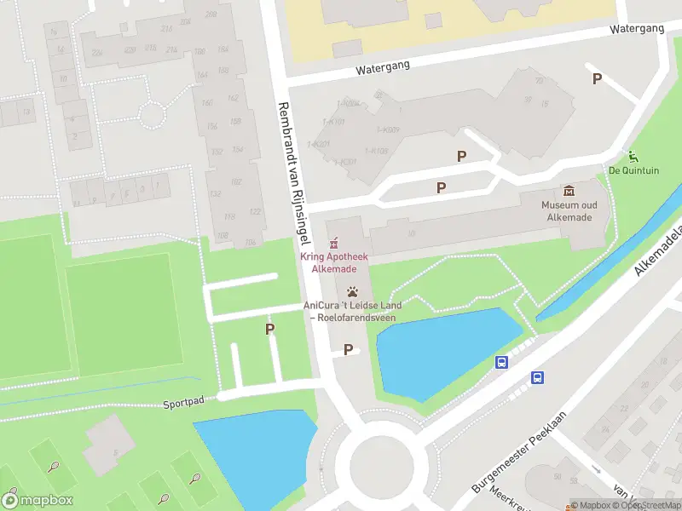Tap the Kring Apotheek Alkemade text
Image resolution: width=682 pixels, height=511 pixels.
[x=333, y=262]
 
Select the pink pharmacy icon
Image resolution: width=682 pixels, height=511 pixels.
[x=333, y=243]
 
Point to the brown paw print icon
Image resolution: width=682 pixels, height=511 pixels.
[x=352, y=292]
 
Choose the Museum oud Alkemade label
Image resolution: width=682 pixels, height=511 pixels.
[x=569, y=211]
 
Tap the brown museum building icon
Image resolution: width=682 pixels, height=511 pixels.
[x=569, y=191]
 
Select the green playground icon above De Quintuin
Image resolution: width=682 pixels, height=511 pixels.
[x=633, y=156]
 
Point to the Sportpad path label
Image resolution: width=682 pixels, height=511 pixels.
[x=184, y=401]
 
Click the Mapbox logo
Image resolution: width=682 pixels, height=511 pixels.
[x=37, y=500]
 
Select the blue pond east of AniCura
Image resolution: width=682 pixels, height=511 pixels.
[x=443, y=349]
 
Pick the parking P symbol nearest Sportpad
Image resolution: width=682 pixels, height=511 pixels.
[x=270, y=329]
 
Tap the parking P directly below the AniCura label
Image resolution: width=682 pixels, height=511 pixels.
[x=348, y=349]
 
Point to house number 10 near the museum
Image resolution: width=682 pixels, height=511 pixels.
[x=412, y=234]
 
